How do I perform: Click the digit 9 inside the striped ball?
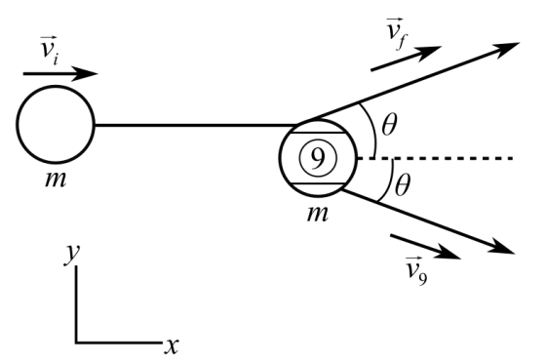318,158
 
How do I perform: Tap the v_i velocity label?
49,50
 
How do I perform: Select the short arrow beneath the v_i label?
60,73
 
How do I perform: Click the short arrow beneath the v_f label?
406,58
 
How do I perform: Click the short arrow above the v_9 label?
425,247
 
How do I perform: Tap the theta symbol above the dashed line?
389,125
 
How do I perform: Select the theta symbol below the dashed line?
402,185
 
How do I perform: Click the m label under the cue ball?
56,180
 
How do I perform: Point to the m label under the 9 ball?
317,214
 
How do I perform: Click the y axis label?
72,255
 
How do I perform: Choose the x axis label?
172,346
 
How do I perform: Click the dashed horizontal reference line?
435,159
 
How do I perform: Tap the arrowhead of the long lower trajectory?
502,249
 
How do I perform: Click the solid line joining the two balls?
196,125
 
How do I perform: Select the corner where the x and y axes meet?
76,342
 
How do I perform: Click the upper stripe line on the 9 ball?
318,133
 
